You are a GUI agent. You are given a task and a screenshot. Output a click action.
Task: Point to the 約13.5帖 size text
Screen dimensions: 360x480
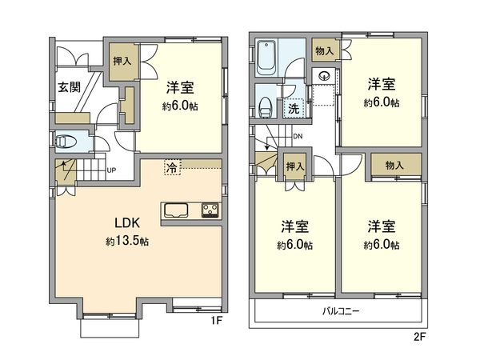coord(126,241)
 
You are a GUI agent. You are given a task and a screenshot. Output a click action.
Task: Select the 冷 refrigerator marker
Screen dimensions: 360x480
coord(172,167)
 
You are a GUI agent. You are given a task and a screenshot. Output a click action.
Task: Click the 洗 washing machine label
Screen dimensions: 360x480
coord(294,108)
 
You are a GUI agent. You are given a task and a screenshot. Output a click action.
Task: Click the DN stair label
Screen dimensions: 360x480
coord(297,137)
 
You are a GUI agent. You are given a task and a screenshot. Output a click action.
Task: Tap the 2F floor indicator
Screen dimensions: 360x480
coord(420,337)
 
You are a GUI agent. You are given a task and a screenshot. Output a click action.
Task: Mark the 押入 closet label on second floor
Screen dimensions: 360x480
coord(294,166)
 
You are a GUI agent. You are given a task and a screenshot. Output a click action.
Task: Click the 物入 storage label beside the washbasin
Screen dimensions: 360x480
coord(324,50)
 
